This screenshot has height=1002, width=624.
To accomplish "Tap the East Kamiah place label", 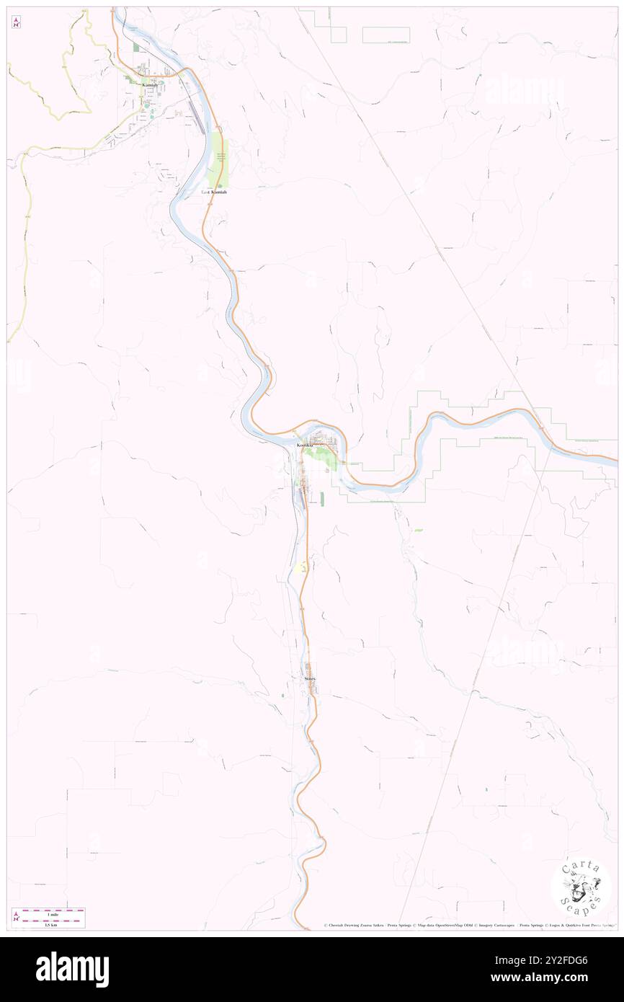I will [x=214, y=192].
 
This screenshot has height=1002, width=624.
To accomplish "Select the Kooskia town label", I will [x=306, y=446].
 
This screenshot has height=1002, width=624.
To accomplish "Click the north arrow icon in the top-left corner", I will [x=16, y=22].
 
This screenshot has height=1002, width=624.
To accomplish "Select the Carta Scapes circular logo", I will [x=581, y=887].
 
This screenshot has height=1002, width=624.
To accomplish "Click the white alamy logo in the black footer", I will [x=72, y=970].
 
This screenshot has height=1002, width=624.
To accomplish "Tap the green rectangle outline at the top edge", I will [x=385, y=35].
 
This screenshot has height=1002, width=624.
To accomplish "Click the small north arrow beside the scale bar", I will [x=16, y=917].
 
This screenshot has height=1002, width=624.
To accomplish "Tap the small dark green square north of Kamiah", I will [x=135, y=48].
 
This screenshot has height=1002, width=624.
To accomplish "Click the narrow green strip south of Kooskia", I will [x=322, y=498].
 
